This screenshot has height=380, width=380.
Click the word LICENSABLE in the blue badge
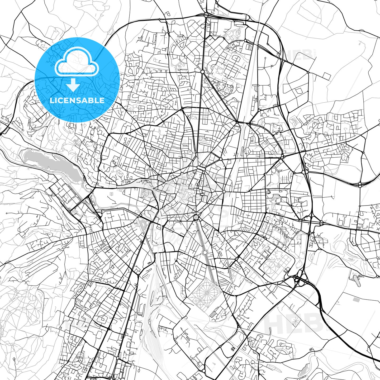[77, 100]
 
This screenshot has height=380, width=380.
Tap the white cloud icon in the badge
[77, 62]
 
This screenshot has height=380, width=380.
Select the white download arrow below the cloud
[73, 85]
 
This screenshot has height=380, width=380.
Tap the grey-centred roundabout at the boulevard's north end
[196, 217]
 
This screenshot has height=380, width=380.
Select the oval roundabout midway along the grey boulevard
[205, 253]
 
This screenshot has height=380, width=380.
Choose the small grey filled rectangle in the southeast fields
[357, 300]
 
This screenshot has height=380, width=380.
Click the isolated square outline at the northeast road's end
[326, 76]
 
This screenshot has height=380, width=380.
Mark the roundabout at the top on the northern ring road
[206, 15]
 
